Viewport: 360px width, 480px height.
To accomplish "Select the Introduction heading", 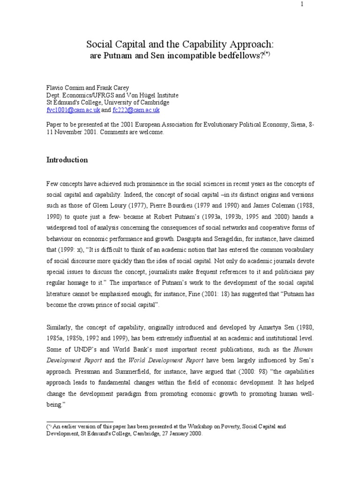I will tap(67, 160).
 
